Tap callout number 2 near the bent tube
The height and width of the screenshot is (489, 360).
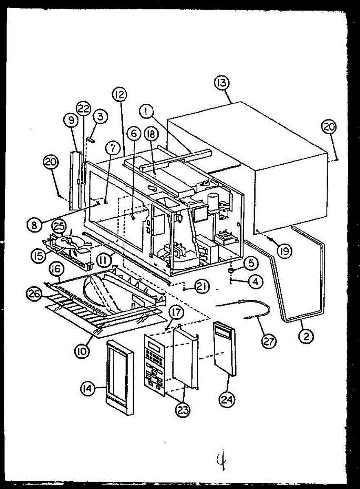(306, 336)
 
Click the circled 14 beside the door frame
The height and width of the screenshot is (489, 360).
(86, 389)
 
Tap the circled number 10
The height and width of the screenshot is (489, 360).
(82, 351)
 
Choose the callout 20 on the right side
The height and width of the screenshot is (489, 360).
(329, 127)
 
